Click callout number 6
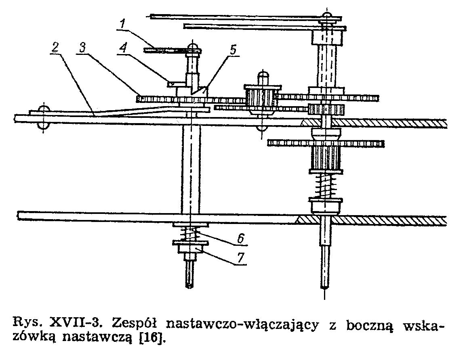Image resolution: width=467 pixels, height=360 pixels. (240, 238)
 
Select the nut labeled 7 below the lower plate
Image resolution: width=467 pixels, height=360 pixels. (191, 247)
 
